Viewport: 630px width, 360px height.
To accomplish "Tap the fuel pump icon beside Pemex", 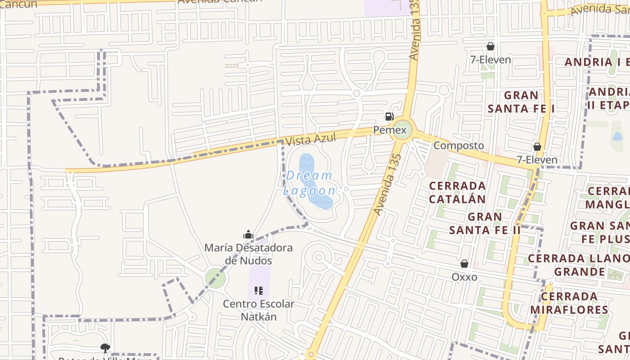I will click(389, 117).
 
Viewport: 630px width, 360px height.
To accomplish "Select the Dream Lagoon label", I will click(310, 183).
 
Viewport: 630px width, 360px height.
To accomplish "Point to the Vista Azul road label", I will click(311, 139).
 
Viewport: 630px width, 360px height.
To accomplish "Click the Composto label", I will click(459, 145).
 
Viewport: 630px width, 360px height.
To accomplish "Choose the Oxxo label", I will click(464, 277).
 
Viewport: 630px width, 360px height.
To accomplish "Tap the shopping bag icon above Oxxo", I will click(464, 264).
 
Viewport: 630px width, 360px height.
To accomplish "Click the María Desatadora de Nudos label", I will click(248, 254).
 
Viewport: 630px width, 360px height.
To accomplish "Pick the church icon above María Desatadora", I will click(248, 234).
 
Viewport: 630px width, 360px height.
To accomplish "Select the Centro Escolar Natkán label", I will click(259, 310).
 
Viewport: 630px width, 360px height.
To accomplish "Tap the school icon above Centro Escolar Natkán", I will click(259, 291).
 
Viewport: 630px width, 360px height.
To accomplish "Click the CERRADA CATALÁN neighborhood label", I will click(457, 192).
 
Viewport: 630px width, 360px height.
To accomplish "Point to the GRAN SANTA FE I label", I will click(521, 102).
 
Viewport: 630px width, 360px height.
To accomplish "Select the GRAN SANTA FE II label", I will click(485, 223).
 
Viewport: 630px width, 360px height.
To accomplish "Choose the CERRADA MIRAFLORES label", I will click(569, 303).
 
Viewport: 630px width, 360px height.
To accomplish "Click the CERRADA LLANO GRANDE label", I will click(579, 265).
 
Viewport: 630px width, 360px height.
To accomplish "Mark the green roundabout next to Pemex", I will click(403, 130).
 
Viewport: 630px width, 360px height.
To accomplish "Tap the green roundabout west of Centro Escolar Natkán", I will click(216, 278).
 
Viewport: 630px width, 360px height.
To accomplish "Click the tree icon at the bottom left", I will click(105, 348).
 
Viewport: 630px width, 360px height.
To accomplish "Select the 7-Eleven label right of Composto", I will click(537, 159).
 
